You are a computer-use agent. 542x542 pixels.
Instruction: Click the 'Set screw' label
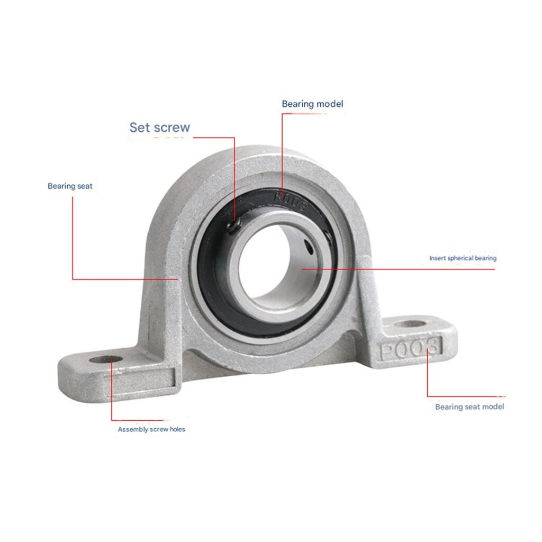[160, 127]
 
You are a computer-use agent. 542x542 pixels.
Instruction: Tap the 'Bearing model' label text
[312, 104]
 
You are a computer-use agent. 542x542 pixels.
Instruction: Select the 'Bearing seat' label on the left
[70, 186]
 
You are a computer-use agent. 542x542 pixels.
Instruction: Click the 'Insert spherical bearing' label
[463, 258]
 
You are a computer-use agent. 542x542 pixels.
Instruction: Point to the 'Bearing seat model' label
[469, 407]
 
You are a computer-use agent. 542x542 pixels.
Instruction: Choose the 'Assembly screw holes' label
[151, 429]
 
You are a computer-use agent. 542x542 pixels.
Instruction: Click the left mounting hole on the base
[105, 359]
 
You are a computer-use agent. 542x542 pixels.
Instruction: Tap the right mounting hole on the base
[410, 324]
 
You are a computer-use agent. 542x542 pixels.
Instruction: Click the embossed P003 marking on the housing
[411, 348]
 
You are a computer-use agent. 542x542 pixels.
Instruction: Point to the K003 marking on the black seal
[291, 202]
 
